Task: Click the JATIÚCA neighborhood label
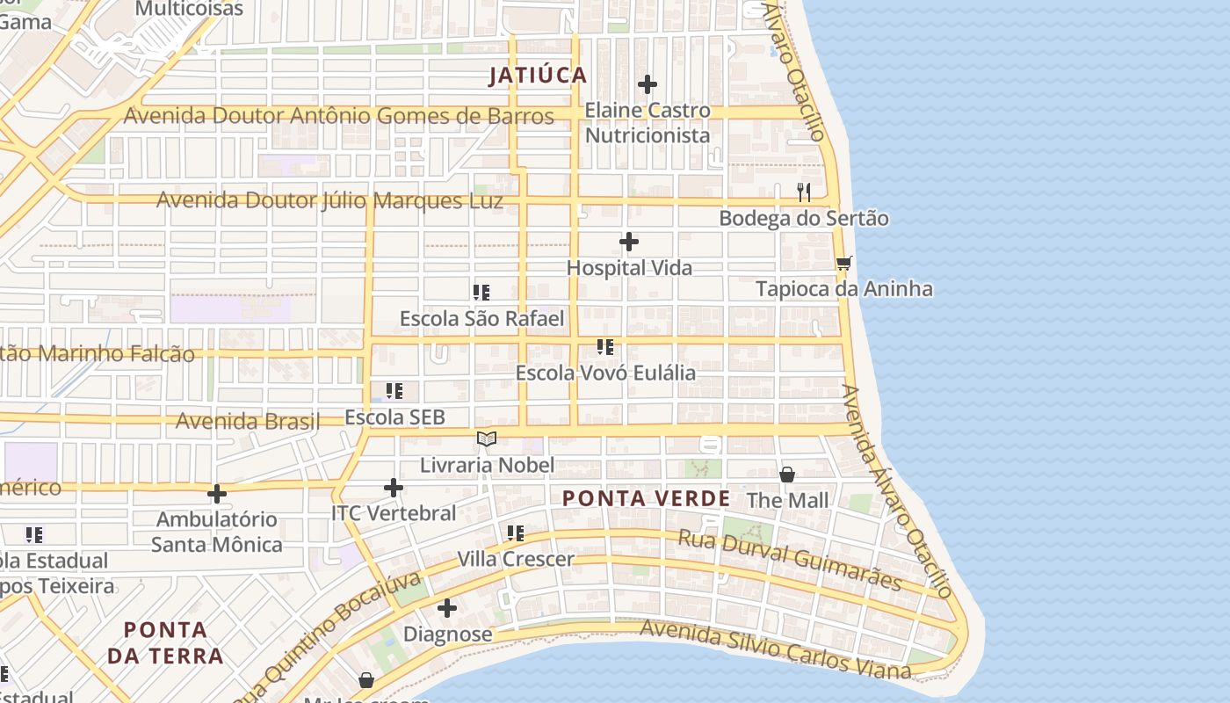click(x=538, y=76)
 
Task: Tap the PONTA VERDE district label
click(x=646, y=499)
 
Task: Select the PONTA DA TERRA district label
click(x=165, y=642)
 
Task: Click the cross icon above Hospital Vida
click(x=629, y=242)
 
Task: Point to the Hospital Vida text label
click(x=629, y=268)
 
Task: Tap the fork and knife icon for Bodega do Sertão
click(x=803, y=192)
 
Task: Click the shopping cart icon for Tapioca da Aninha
click(x=844, y=263)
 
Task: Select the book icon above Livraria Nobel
click(x=487, y=438)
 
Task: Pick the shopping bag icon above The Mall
click(x=787, y=475)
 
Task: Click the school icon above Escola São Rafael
click(x=481, y=292)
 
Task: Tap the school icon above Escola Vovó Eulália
click(x=605, y=347)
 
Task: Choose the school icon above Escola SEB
click(x=394, y=391)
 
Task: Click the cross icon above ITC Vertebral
click(x=394, y=487)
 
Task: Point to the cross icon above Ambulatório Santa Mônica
click(x=217, y=494)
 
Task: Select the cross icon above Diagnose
click(x=447, y=608)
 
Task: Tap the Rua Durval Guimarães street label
click(x=790, y=559)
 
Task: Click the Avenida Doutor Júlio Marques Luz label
click(x=329, y=201)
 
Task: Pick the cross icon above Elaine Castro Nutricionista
click(x=648, y=84)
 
